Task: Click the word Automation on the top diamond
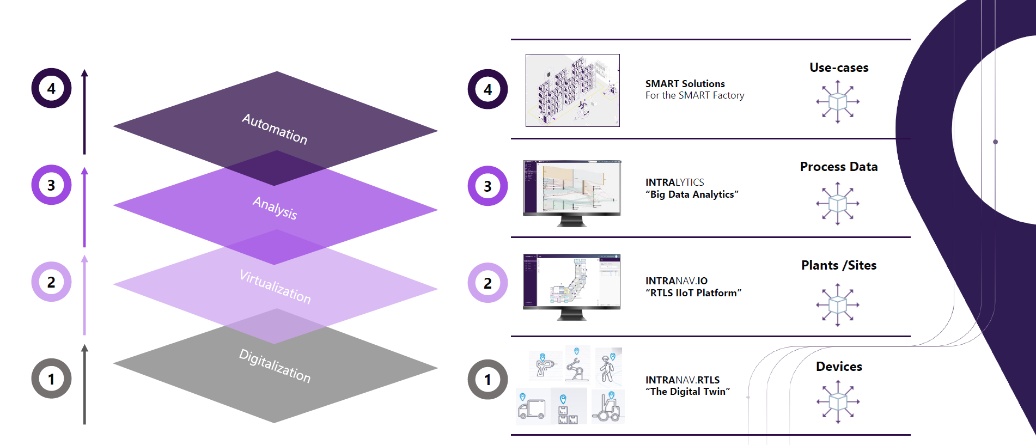click(x=275, y=129)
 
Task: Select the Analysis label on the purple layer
click(x=275, y=208)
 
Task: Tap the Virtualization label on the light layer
click(x=275, y=286)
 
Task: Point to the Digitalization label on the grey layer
click(x=275, y=365)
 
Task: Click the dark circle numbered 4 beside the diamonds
click(x=51, y=88)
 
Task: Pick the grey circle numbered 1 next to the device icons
click(x=487, y=380)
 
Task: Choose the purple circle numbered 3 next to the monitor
click(x=487, y=186)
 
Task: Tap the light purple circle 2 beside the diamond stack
click(x=51, y=282)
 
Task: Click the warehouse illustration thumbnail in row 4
click(x=572, y=90)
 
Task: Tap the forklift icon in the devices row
click(x=608, y=407)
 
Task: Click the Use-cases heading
click(x=838, y=68)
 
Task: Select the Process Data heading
click(x=838, y=167)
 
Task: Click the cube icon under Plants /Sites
click(x=838, y=304)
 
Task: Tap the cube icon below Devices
click(x=838, y=402)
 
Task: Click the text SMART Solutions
click(x=685, y=84)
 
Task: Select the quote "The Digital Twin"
click(x=687, y=392)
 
